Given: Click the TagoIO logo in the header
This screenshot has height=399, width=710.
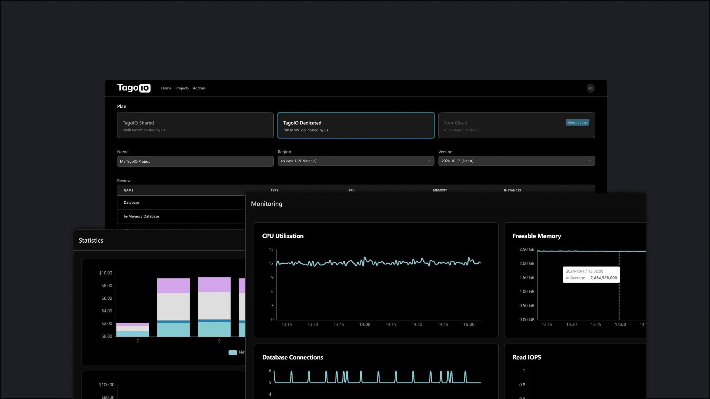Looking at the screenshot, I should pyautogui.click(x=134, y=88).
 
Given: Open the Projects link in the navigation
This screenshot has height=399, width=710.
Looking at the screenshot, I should pyautogui.click(x=182, y=88).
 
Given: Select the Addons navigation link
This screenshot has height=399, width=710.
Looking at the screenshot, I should pyautogui.click(x=199, y=88).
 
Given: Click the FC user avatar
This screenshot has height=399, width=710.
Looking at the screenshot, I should pyautogui.click(x=590, y=88).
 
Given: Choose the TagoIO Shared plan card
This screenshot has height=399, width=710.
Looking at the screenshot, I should pyautogui.click(x=195, y=125).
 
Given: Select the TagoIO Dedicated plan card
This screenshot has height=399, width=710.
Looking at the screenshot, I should pyautogui.click(x=356, y=125).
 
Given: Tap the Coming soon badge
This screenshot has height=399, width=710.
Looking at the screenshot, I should pyautogui.click(x=577, y=122).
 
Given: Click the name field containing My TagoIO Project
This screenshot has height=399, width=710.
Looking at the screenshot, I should pyautogui.click(x=195, y=161).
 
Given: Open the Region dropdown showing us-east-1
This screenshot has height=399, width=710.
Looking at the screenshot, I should pyautogui.click(x=356, y=161).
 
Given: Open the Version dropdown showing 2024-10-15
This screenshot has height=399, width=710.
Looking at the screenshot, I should pyautogui.click(x=517, y=161).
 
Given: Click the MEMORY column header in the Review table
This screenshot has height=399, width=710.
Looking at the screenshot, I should pyautogui.click(x=440, y=190).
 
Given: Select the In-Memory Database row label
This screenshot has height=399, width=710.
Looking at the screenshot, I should pyautogui.click(x=141, y=216).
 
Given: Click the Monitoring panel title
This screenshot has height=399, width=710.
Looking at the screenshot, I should pyautogui.click(x=267, y=204).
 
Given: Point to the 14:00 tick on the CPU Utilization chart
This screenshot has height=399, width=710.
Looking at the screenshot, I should pyautogui.click(x=365, y=325).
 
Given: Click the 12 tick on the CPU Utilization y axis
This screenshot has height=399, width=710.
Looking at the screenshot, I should pyautogui.click(x=271, y=263).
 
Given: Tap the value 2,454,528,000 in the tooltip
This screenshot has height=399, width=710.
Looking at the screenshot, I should pyautogui.click(x=603, y=278).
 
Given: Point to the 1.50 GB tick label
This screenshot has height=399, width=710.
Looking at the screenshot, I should pyautogui.click(x=527, y=278).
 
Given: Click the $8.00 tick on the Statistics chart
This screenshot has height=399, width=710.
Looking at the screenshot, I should pyautogui.click(x=107, y=286).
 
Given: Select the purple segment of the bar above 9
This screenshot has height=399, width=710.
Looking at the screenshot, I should pyautogui.click(x=214, y=284).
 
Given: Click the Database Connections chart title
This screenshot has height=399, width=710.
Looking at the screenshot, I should pyautogui.click(x=293, y=357).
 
